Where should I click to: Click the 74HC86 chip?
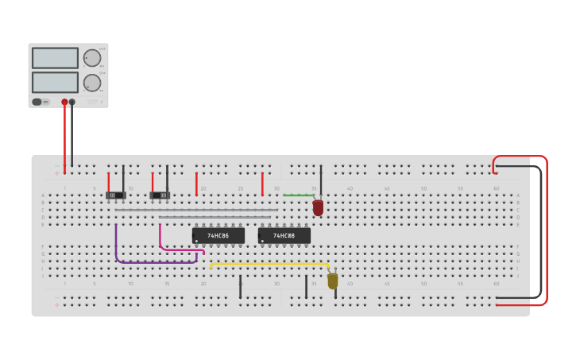(x=218, y=236)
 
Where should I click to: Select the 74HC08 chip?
(x=284, y=236)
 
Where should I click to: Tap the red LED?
(x=318, y=207)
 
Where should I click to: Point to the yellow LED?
(x=332, y=281)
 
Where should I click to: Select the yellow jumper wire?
(x=270, y=264)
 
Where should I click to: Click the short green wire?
(x=298, y=195)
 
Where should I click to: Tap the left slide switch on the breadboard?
(x=116, y=195)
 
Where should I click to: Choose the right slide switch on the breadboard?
(x=160, y=195)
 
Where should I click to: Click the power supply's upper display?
(x=55, y=58)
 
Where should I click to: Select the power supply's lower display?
(x=55, y=82)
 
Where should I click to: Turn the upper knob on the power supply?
(x=92, y=58)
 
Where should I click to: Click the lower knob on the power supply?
(x=92, y=83)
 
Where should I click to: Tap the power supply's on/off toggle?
(x=37, y=102)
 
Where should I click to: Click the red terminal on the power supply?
(x=64, y=102)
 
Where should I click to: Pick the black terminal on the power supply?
(x=72, y=102)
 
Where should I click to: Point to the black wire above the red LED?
(x=321, y=179)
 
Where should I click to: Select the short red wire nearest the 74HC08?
(x=262, y=184)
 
